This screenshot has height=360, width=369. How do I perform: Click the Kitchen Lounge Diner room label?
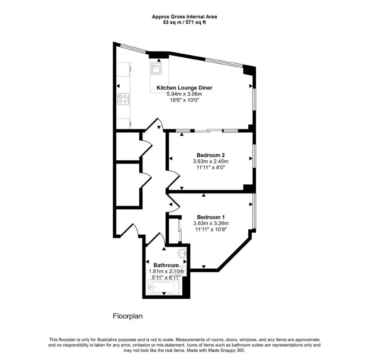click(x=184, y=88)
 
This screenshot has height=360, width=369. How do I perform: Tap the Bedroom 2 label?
click(x=211, y=155)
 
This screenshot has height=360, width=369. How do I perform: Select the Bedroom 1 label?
click(x=211, y=217)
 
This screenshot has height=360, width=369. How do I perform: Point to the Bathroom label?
click(x=166, y=265)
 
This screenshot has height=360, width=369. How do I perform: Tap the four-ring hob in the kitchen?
click(x=123, y=99)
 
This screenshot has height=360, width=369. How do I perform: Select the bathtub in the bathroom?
click(x=163, y=287)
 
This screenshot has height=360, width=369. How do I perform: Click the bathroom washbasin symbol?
click(x=182, y=253)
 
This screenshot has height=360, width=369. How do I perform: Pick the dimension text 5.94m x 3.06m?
click(x=184, y=94)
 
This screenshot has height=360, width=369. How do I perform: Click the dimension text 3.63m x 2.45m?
click(x=211, y=161)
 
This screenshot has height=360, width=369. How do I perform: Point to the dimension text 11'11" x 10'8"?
click(x=211, y=229)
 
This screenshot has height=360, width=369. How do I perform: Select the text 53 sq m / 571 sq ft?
click(x=184, y=22)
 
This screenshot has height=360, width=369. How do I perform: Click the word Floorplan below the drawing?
click(x=128, y=316)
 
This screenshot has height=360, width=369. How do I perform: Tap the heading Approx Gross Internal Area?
click(x=184, y=17)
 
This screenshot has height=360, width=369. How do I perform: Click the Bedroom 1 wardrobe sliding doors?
click(x=180, y=231)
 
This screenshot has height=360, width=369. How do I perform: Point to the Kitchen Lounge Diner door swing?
click(x=155, y=124)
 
